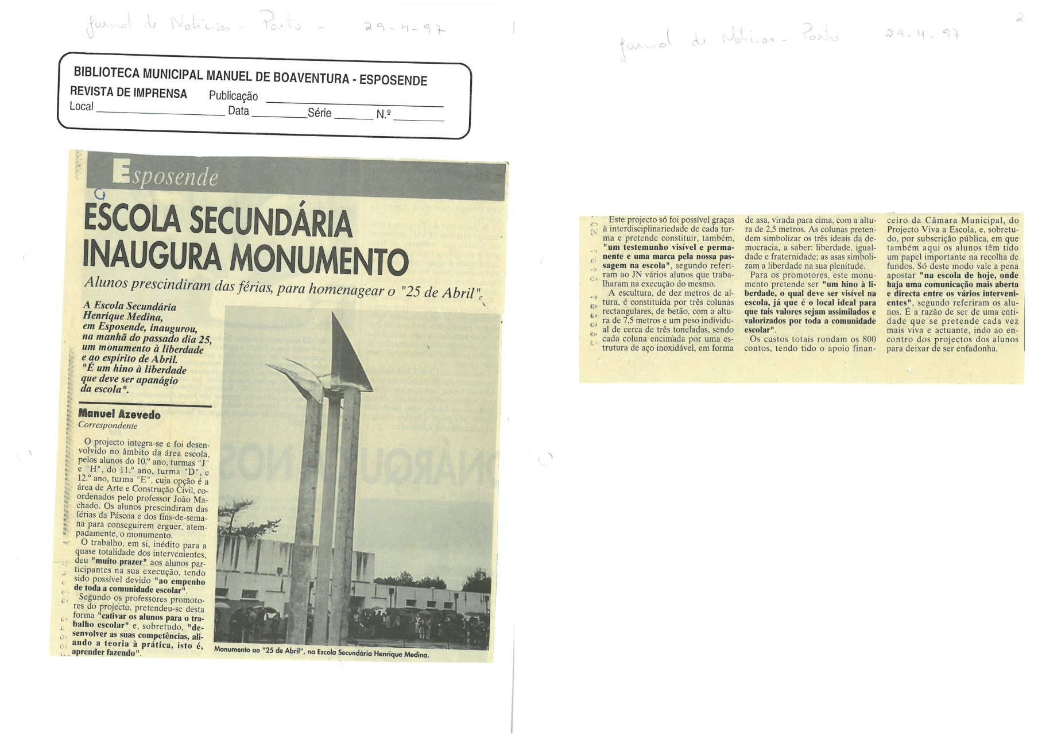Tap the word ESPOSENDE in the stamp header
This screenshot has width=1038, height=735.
(x=393, y=80)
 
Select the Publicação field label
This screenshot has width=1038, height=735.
(x=233, y=96)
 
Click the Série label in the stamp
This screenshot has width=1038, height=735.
(x=319, y=113)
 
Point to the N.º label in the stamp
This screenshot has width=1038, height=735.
(x=384, y=114)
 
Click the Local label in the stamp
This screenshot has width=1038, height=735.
(x=81, y=106)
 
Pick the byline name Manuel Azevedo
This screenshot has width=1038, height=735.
(x=119, y=414)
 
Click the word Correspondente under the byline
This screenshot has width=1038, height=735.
(x=108, y=426)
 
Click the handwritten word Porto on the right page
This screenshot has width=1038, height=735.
(x=820, y=36)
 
